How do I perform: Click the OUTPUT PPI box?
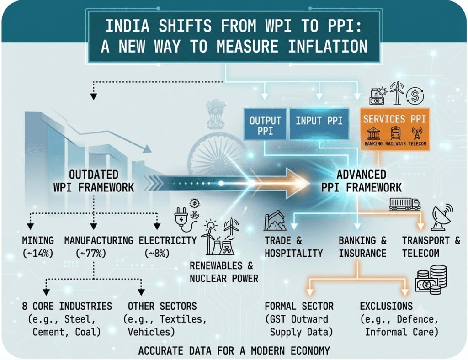[x=265, y=124]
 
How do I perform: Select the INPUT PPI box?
[x=319, y=123]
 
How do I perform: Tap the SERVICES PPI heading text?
[x=394, y=119]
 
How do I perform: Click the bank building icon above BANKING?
[x=373, y=134]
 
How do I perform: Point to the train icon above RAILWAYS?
[x=395, y=133]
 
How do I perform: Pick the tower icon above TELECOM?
[x=417, y=133]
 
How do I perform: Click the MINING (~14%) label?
[x=38, y=247]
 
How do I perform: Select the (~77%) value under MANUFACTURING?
[x=91, y=253]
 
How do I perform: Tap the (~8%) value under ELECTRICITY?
[x=157, y=253]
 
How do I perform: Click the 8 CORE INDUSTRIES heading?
[x=67, y=306]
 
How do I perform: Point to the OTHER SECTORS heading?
[x=162, y=306]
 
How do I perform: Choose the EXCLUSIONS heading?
[x=386, y=306]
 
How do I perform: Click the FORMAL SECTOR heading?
[x=299, y=306]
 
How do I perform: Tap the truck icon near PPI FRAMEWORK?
[x=405, y=204]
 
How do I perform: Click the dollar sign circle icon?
[x=415, y=96]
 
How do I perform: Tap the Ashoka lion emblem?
[x=216, y=114]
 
